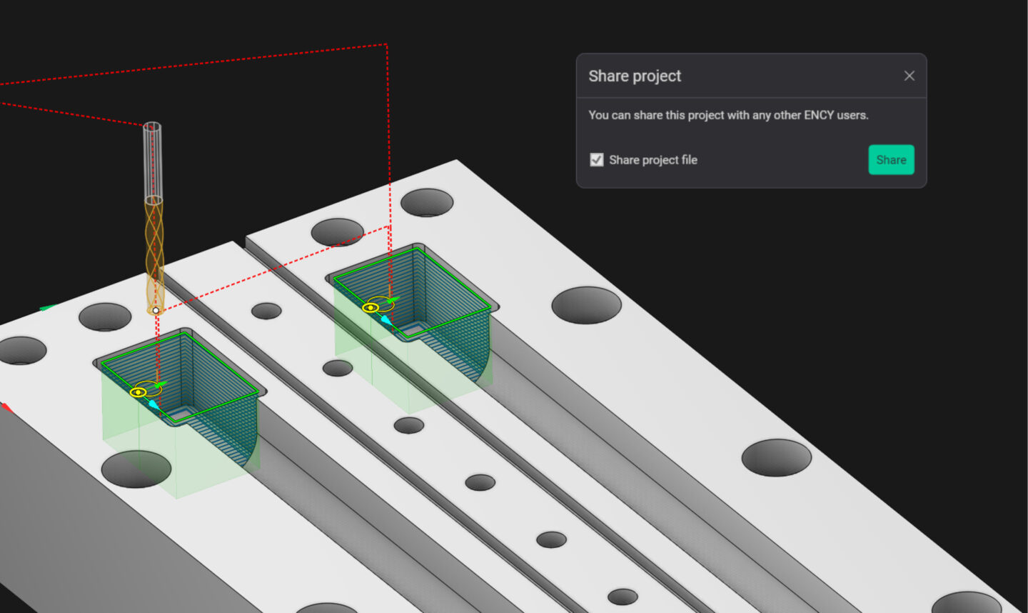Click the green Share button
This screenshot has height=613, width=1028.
pos(891,160)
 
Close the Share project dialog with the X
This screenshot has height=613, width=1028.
pos(909,76)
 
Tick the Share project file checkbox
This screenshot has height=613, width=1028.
pos(597,160)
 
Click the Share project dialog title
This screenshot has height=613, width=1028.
pos(635,76)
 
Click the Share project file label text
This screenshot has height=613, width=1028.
pos(652,160)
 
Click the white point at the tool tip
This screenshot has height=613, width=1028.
pos(156,310)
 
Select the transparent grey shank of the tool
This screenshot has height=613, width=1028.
pos(153,161)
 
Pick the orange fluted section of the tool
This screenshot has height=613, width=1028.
pos(154,250)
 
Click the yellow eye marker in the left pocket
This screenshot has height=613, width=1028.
pos(138,392)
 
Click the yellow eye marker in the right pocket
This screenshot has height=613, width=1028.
pos(370,308)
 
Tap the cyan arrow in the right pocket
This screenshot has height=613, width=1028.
pos(386,320)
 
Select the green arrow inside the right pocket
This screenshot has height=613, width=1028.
pos(392,299)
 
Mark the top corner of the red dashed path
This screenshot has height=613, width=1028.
pos(386,44)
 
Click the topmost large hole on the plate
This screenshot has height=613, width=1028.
pos(427,203)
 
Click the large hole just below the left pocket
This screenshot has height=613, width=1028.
pos(136,469)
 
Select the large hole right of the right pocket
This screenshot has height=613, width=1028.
pos(586,305)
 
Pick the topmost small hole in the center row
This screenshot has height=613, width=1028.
pos(266,311)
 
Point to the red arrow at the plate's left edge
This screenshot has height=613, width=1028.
pos(6,407)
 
